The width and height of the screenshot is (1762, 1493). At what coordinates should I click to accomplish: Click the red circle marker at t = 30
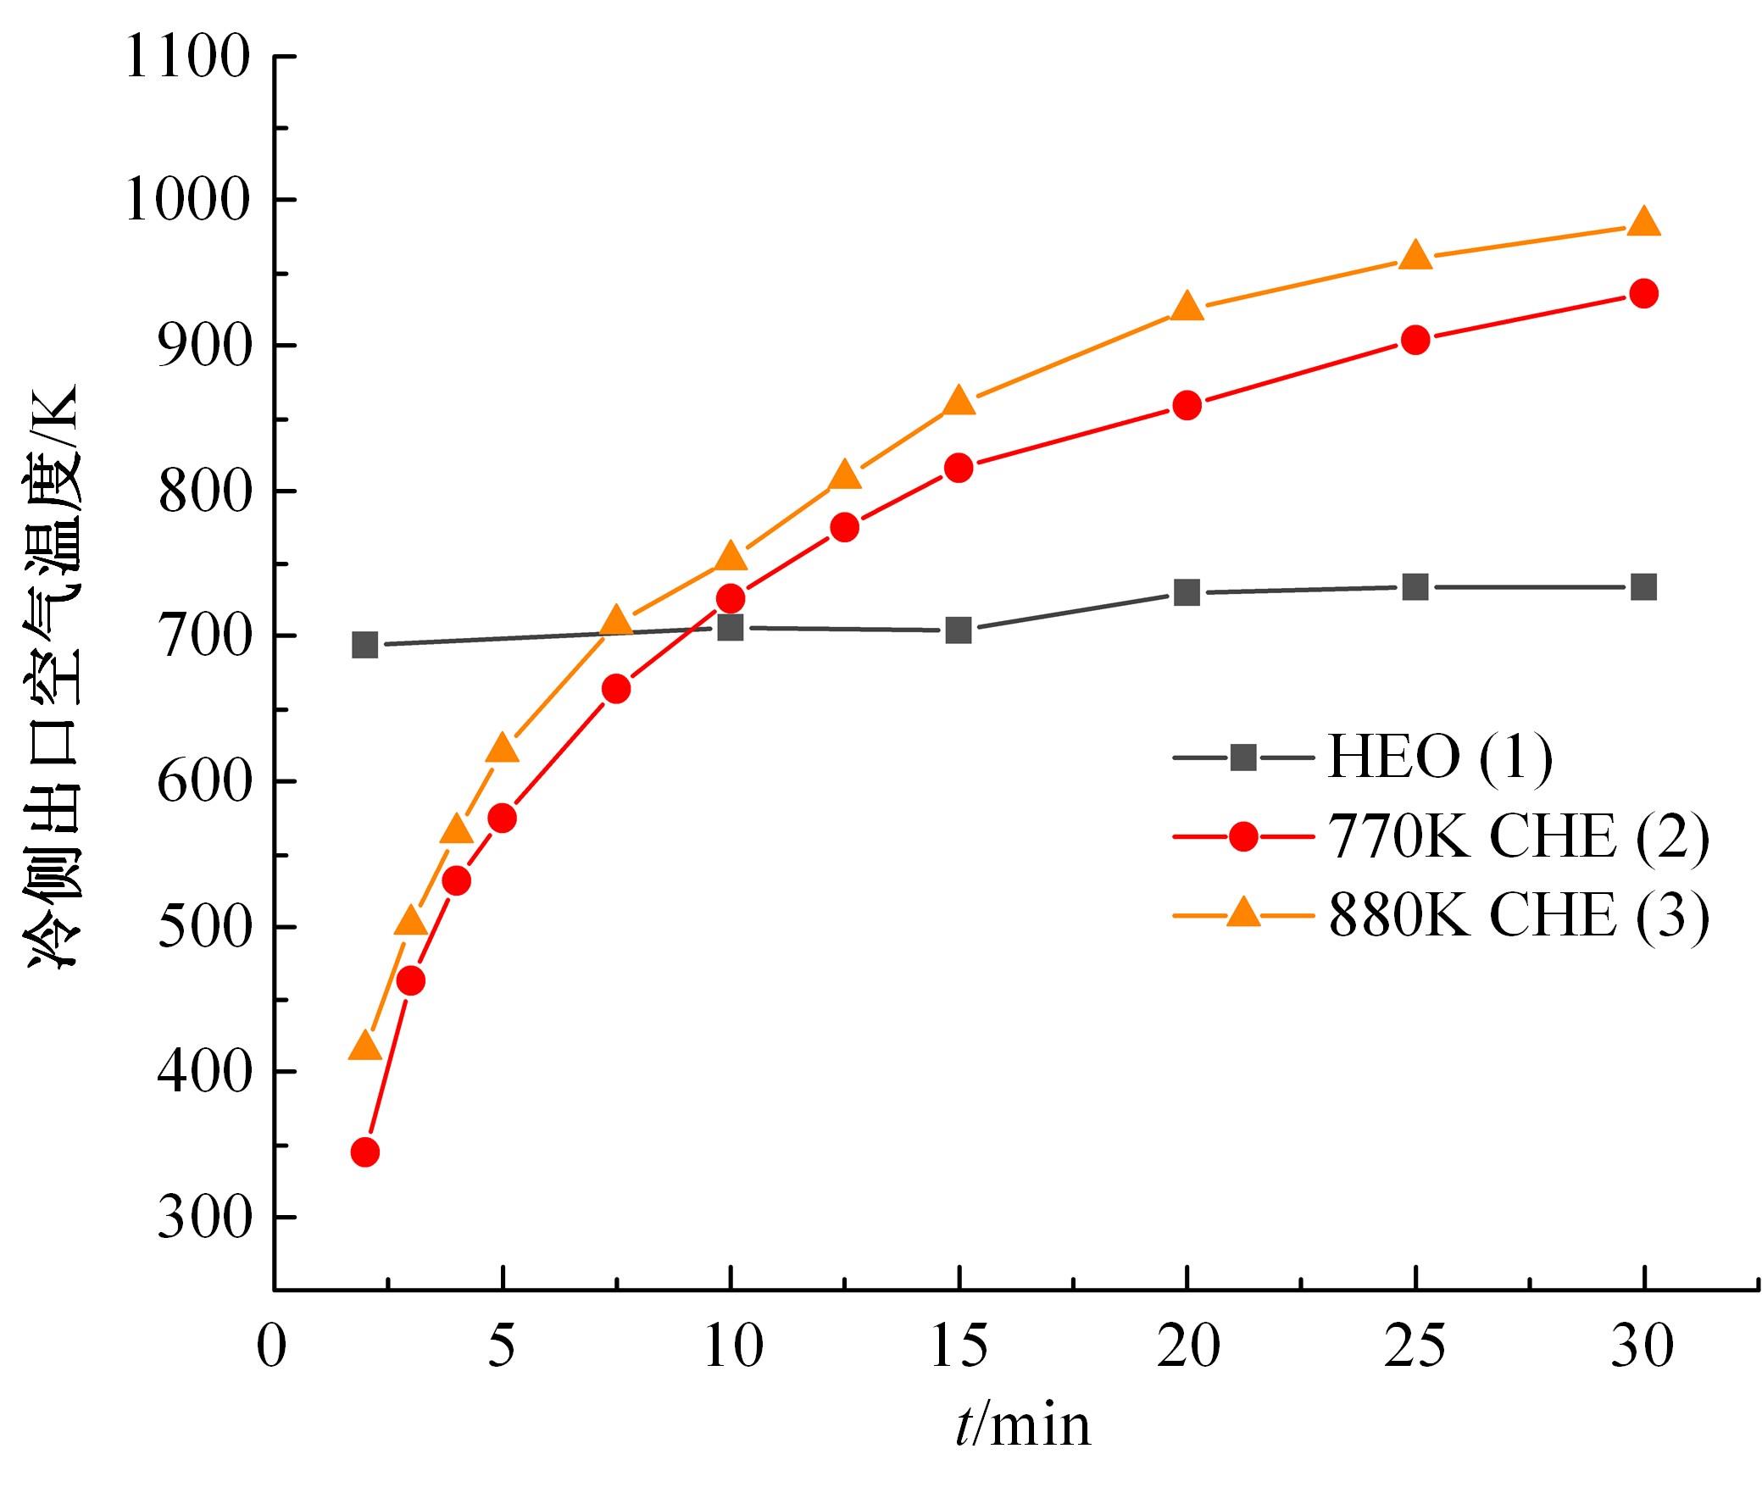[1643, 294]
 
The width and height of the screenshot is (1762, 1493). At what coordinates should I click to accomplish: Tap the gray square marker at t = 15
[959, 630]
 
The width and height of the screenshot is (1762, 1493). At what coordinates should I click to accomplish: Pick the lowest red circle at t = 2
[364, 1152]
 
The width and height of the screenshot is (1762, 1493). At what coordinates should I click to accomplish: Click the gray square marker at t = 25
[1415, 587]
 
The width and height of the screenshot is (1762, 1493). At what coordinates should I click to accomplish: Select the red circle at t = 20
[1187, 405]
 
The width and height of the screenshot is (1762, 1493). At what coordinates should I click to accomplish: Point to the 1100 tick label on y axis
[187, 58]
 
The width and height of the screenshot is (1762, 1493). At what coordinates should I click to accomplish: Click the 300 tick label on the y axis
[204, 1218]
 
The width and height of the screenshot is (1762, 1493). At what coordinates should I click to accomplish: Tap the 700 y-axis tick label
[204, 637]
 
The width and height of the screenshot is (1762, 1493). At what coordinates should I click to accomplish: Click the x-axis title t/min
[1022, 1425]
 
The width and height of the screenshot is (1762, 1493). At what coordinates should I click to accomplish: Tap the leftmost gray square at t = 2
[364, 645]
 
